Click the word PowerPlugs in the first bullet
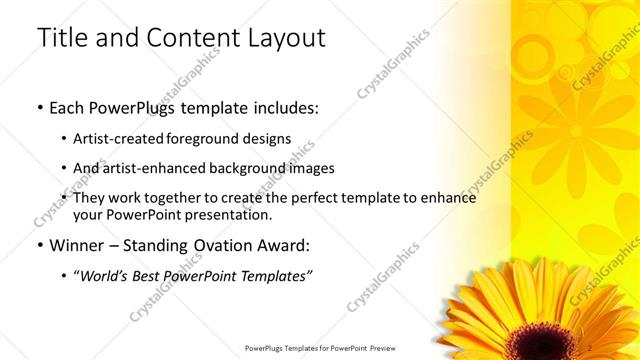click(139, 106)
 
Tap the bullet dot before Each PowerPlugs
click(39, 107)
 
